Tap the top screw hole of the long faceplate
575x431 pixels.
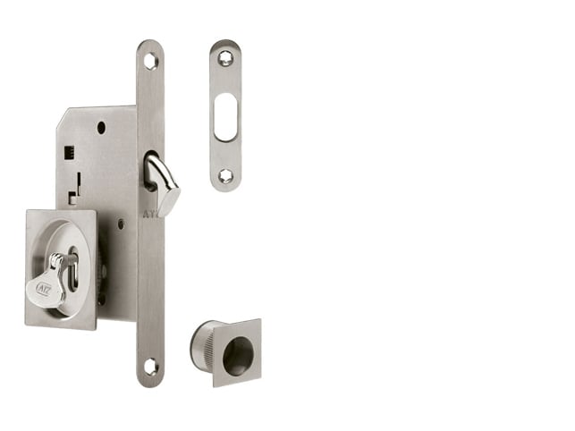click(150, 61)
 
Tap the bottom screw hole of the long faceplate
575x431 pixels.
click(150, 366)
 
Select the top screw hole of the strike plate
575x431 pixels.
click(225, 58)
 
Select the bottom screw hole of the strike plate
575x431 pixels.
click(225, 176)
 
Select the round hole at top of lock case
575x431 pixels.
click(101, 127)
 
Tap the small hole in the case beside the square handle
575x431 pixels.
click(120, 224)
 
